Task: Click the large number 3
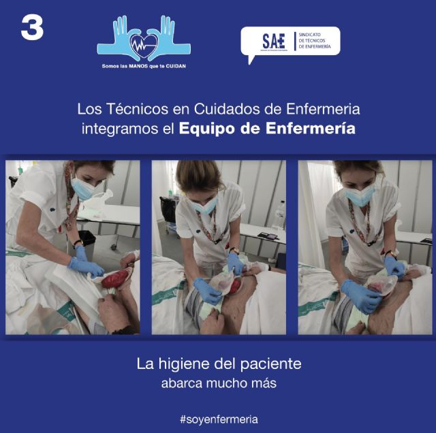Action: (32, 28)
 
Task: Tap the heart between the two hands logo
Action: (144, 45)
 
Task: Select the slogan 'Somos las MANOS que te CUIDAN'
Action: (144, 66)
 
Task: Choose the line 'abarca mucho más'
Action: (218, 383)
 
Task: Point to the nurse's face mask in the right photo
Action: (359, 195)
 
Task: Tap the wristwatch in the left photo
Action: (78, 242)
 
